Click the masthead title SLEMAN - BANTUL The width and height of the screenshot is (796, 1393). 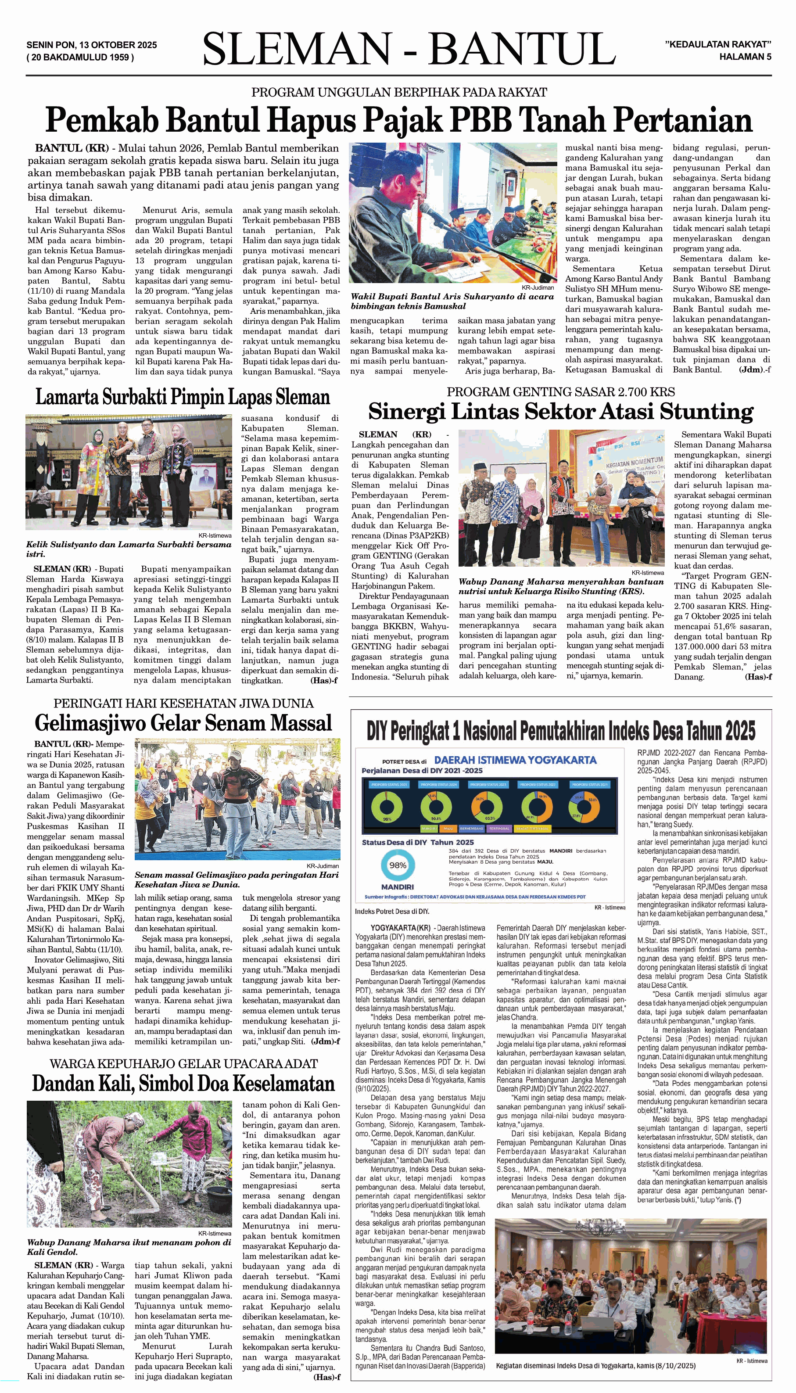(x=409, y=50)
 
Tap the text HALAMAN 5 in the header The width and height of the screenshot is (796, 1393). (x=745, y=56)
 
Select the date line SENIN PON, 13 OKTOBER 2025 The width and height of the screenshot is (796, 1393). (x=91, y=45)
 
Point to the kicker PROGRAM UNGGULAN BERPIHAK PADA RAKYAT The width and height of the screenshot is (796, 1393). (x=398, y=92)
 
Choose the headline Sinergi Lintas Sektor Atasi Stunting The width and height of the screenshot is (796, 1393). (x=560, y=411)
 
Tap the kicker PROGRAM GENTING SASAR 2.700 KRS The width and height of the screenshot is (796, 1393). (x=560, y=391)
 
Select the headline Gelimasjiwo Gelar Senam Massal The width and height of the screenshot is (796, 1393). (x=183, y=723)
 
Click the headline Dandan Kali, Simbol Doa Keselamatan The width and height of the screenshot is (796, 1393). (x=183, y=1083)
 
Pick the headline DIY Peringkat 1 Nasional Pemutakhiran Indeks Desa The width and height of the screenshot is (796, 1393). (x=560, y=730)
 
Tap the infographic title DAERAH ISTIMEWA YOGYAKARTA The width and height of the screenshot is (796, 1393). (x=515, y=760)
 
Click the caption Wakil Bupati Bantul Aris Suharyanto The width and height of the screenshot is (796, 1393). (x=452, y=301)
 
